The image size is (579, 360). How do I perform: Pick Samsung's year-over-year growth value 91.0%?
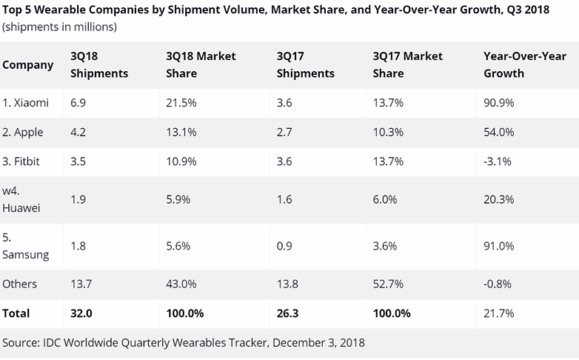click(x=498, y=246)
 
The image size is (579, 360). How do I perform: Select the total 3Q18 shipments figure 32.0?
click(x=80, y=313)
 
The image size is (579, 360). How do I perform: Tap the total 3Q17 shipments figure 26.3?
click(x=287, y=313)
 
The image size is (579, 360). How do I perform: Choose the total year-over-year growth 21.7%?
click(x=498, y=313)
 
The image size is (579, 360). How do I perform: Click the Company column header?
click(x=28, y=64)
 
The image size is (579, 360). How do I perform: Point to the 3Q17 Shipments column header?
click(x=305, y=64)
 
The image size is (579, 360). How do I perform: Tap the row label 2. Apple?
click(x=23, y=133)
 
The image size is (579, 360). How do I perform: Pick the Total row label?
click(x=16, y=313)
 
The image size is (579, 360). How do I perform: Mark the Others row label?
click(x=20, y=284)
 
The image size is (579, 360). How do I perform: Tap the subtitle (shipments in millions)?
click(x=60, y=27)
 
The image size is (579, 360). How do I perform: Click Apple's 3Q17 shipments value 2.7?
click(x=284, y=133)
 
